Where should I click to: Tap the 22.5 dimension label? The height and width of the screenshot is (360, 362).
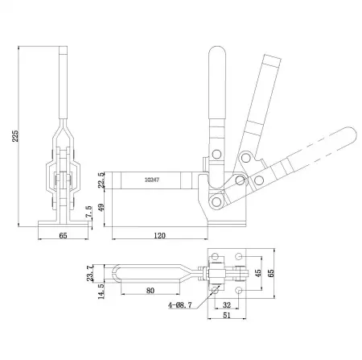(100, 179)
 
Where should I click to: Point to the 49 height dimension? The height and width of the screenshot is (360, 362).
(100, 208)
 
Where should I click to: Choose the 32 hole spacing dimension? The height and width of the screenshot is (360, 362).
(226, 305)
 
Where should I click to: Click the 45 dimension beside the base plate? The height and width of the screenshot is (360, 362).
(258, 273)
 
